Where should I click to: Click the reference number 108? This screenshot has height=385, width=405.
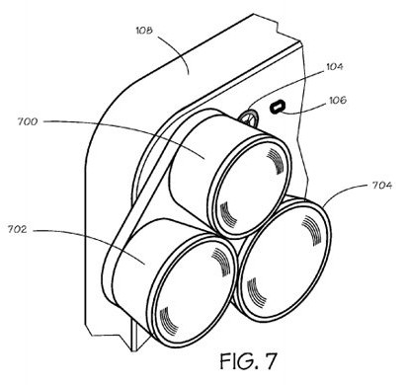coord(144,31)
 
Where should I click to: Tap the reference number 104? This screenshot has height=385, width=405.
coord(334,66)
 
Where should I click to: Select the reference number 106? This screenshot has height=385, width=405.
coord(338,100)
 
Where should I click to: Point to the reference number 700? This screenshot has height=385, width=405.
coord(28,121)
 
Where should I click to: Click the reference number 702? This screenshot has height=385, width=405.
coord(18,229)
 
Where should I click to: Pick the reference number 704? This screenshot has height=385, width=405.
coord(382,186)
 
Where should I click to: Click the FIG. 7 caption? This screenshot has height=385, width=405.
coord(248,361)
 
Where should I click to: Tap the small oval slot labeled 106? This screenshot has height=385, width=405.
coord(277,107)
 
